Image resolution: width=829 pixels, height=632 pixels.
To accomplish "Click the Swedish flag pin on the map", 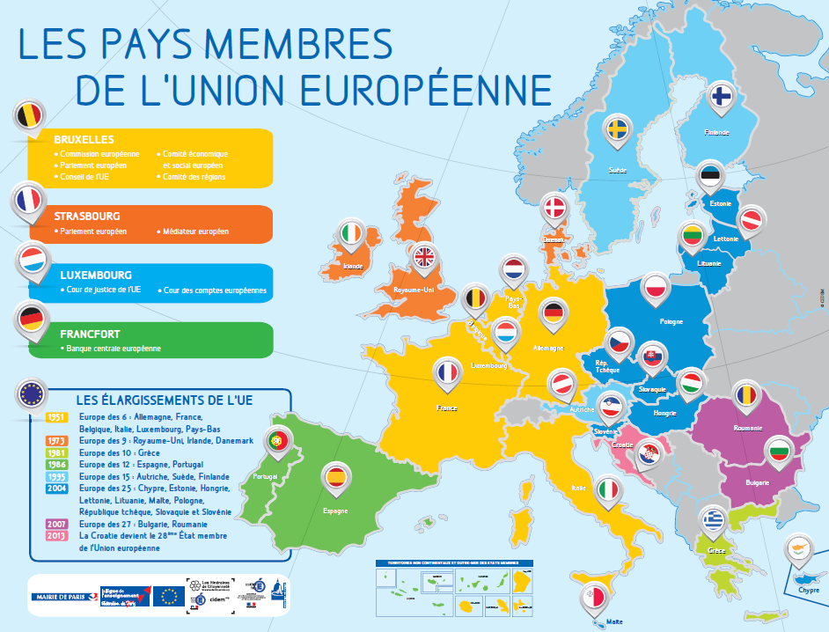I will pyautogui.click(x=620, y=129).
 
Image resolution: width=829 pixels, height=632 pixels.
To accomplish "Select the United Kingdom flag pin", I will pyautogui.click(x=424, y=256).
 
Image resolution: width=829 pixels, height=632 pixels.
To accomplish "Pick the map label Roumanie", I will pyautogui.click(x=747, y=429).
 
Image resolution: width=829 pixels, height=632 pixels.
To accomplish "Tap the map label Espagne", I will pyautogui.click(x=335, y=511).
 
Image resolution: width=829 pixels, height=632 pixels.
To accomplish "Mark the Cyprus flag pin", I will pyautogui.click(x=801, y=549).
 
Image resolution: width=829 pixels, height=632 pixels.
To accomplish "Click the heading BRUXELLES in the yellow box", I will pyautogui.click(x=84, y=139).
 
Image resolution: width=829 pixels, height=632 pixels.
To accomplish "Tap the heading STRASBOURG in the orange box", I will pyautogui.click(x=87, y=216).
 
